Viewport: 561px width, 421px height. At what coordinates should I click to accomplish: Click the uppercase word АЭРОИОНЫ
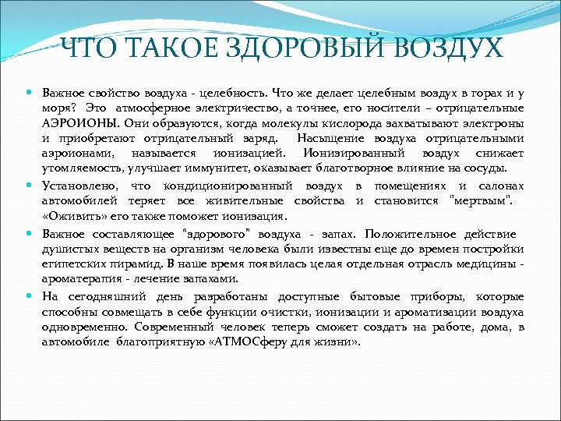pos(76,123)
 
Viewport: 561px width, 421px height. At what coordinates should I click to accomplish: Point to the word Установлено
pos(79,186)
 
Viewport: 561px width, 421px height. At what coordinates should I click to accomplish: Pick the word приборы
pos(420,296)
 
